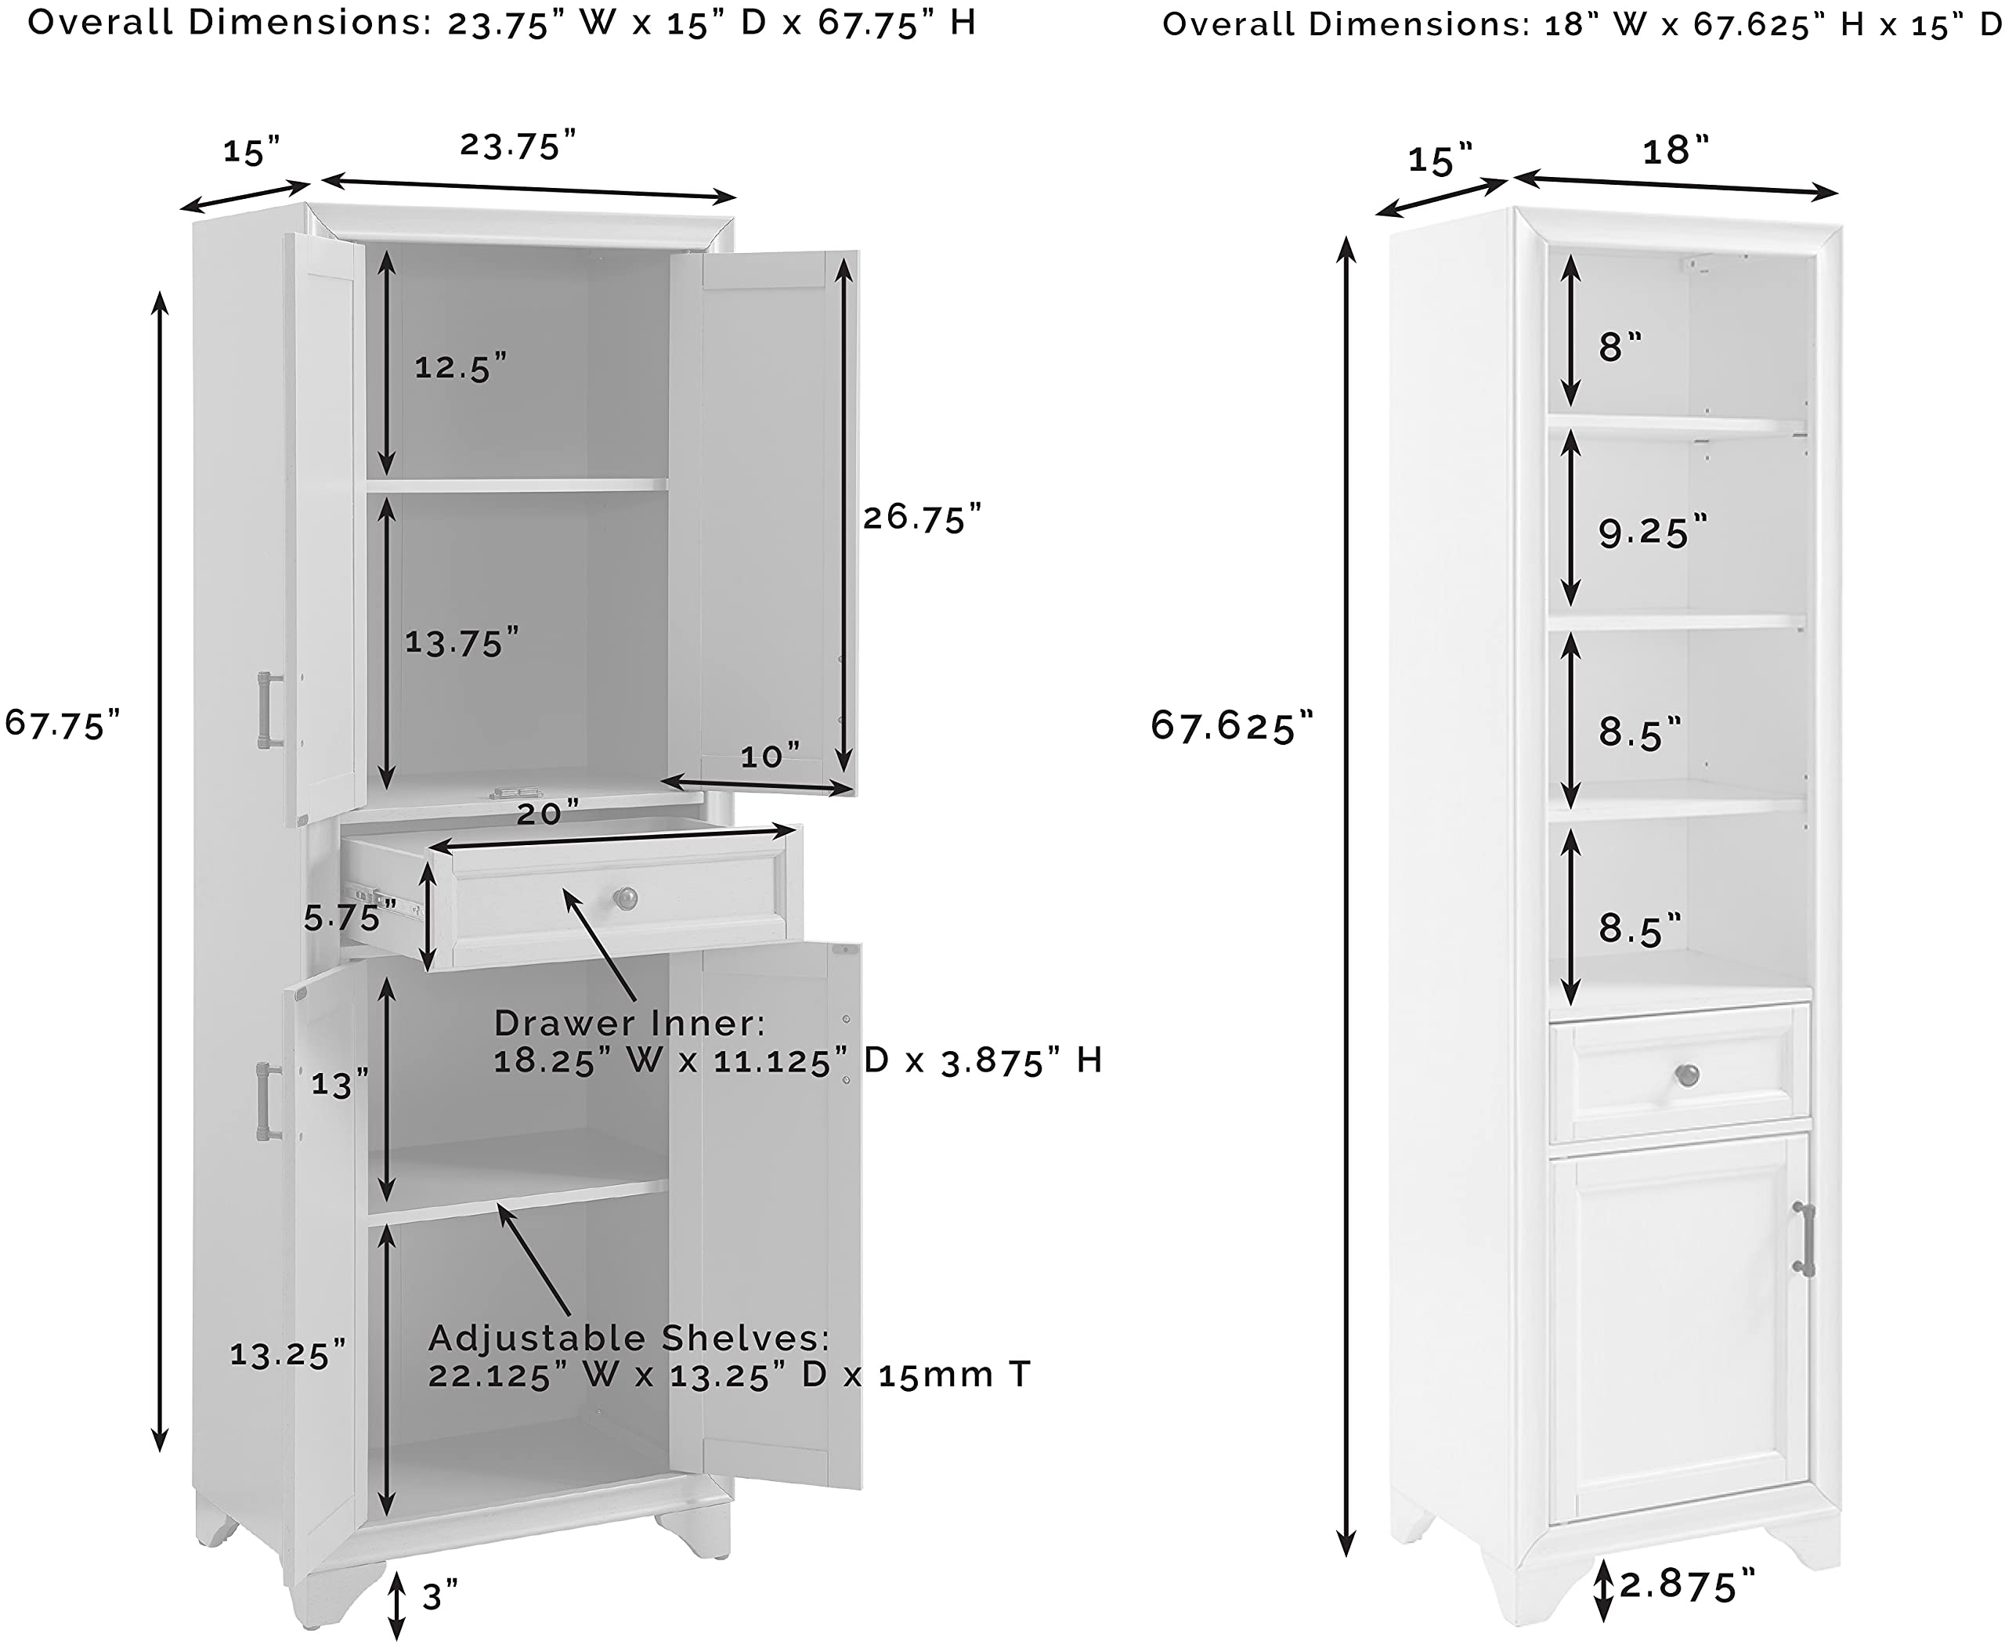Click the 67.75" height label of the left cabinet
click(x=63, y=724)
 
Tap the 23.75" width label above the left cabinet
click(x=518, y=145)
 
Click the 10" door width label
click(x=769, y=756)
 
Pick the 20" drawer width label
click(x=547, y=812)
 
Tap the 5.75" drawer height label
click(x=349, y=916)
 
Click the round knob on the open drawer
click(x=625, y=898)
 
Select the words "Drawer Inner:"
click(x=630, y=1023)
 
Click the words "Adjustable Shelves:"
click(x=629, y=1338)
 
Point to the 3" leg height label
click(x=439, y=1597)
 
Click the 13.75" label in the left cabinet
click(x=461, y=642)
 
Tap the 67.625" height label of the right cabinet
click(x=1231, y=725)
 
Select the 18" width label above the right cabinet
click(x=1674, y=150)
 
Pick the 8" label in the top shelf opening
click(x=1620, y=347)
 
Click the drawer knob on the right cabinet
click(x=1687, y=1075)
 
